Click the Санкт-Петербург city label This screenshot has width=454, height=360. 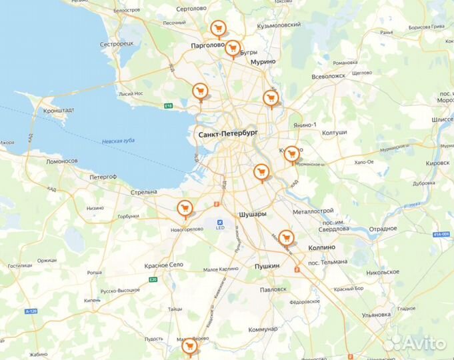(x=227, y=135)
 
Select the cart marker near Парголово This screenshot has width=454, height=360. (x=217, y=29)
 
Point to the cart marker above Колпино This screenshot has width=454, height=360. (x=286, y=237)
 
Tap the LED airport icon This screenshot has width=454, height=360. (x=220, y=222)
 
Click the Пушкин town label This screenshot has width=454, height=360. (x=267, y=266)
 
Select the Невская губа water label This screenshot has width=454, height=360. (x=119, y=141)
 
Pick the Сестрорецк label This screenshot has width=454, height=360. (x=117, y=43)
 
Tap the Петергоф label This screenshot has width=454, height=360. (x=103, y=177)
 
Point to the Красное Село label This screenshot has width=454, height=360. (x=163, y=265)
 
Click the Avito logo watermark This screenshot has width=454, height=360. (x=415, y=343)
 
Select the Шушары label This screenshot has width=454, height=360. (x=253, y=214)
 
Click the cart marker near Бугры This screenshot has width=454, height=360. (x=232, y=48)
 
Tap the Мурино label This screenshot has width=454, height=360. (x=263, y=61)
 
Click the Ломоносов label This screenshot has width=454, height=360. (x=62, y=161)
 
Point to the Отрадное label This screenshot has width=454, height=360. (x=383, y=229)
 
